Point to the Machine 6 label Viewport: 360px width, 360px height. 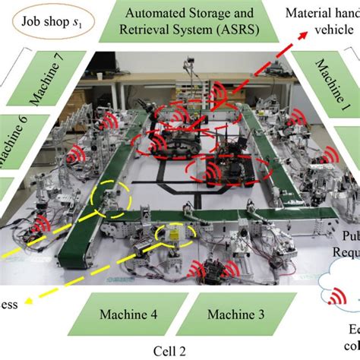19,144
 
